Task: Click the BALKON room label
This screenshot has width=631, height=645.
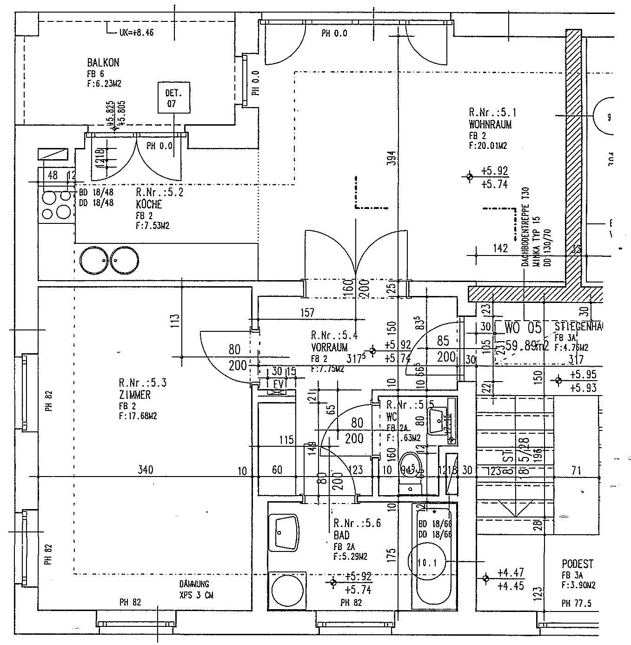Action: [x=103, y=63]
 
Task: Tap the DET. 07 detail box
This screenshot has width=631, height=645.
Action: [x=172, y=98]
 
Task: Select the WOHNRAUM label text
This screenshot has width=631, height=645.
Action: [x=490, y=125]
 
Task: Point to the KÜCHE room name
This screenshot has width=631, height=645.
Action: [x=149, y=204]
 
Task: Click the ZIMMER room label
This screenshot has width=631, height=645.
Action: [x=134, y=395]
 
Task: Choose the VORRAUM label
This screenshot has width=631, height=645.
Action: [x=329, y=347]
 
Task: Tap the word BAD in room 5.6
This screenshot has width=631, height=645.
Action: [x=341, y=535]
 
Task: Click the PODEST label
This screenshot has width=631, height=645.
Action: [x=578, y=564]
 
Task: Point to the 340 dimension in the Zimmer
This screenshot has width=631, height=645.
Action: [x=146, y=470]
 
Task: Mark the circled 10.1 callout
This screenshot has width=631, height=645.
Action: [x=426, y=563]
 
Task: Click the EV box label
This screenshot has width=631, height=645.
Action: [x=278, y=384]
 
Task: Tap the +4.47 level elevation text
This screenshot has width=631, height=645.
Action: [x=511, y=572]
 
